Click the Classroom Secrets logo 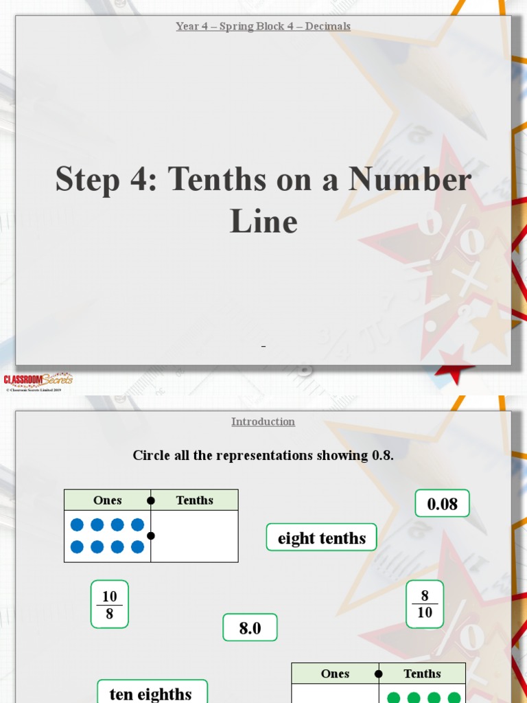click(38, 380)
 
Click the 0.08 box click(442, 503)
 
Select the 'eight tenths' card click(321, 538)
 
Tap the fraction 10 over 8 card click(110, 604)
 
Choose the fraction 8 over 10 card click(425, 604)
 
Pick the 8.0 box click(250, 627)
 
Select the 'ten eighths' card click(151, 693)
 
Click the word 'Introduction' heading click(263, 422)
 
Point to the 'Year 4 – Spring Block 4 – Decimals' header click(263, 26)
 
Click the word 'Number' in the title click(410, 179)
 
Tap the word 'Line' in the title click(263, 222)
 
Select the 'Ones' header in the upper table click(108, 500)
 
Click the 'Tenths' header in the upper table click(195, 500)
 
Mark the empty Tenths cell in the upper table click(195, 536)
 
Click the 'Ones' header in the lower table click(335, 673)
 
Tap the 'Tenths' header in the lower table click(422, 673)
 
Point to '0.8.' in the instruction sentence click(382, 455)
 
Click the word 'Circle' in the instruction click(151, 455)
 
